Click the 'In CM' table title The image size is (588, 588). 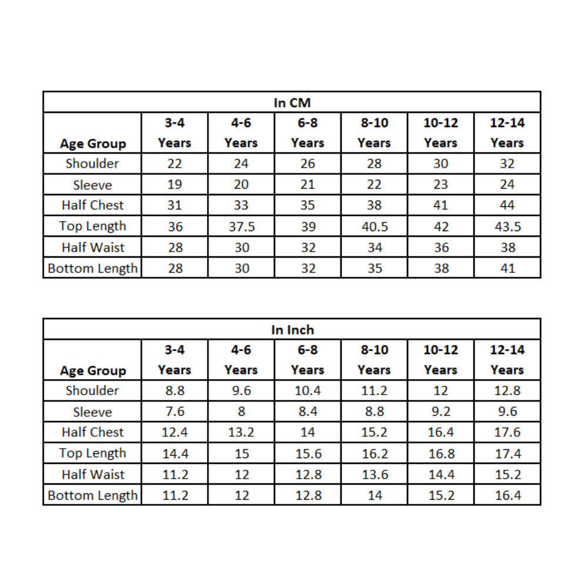point(292,102)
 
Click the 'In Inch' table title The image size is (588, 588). point(292,330)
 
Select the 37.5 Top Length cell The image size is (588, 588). point(241,227)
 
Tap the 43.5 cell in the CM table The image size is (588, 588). point(507,227)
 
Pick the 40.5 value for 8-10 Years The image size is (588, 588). point(375,227)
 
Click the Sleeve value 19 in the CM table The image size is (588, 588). point(175,185)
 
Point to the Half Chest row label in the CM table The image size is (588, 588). point(92,205)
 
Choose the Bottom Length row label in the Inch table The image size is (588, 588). point(92,496)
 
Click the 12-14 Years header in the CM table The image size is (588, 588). point(507,133)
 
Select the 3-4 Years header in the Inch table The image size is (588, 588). point(175,360)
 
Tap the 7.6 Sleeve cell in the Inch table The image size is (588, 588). point(175,412)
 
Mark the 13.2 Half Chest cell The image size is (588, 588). point(241,433)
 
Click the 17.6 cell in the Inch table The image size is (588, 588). point(507,433)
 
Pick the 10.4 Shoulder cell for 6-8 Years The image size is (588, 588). point(308,390)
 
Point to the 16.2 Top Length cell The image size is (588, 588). point(375,453)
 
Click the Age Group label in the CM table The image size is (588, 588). point(92,143)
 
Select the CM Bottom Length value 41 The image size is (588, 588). point(507,269)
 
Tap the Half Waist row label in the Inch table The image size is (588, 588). point(92,475)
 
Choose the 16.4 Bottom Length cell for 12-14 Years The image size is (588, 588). point(507,496)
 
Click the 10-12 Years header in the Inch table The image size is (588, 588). point(440,360)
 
